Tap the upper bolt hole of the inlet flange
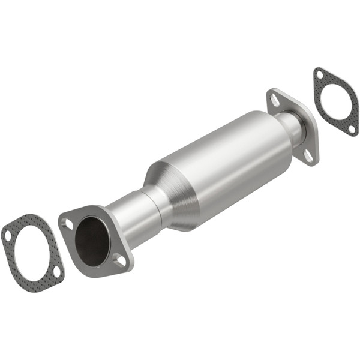68,224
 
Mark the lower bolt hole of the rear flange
308,155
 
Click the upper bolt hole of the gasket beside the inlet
8,236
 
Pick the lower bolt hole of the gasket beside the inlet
56,272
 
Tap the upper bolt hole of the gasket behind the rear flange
320,76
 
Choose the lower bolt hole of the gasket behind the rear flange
352,127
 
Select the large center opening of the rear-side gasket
336,101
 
